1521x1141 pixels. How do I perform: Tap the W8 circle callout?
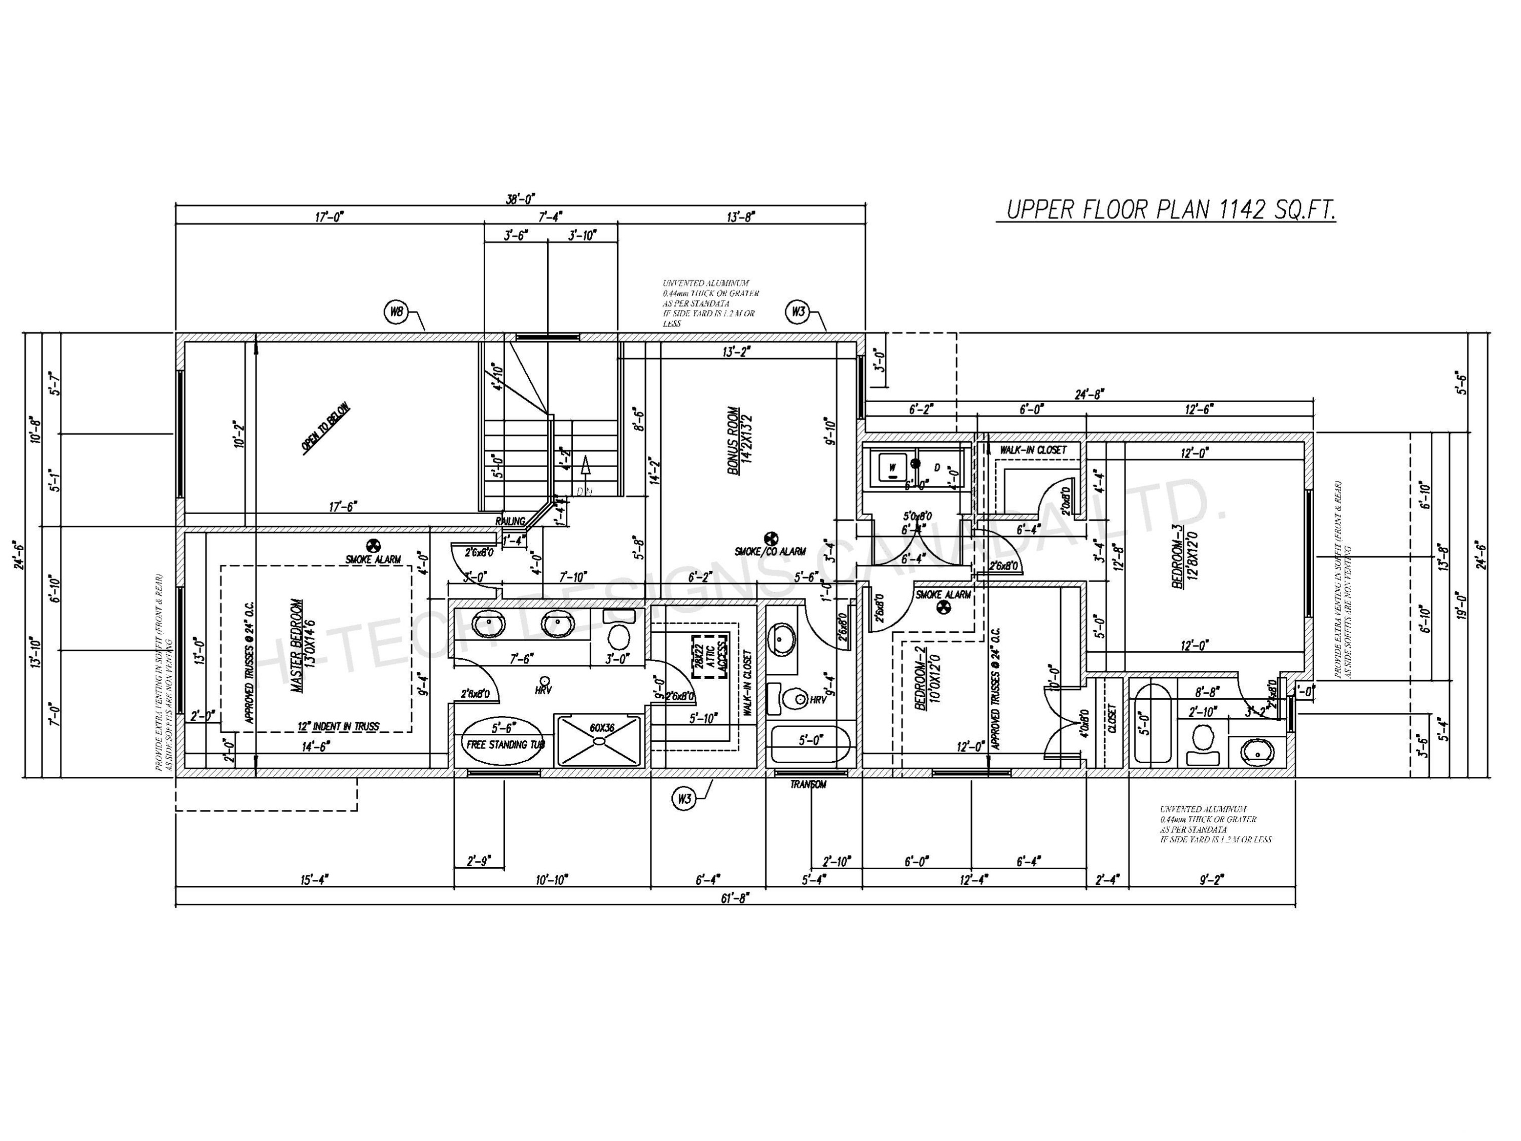396,313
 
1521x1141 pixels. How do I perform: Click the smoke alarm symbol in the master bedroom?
373,545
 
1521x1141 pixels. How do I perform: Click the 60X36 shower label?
602,727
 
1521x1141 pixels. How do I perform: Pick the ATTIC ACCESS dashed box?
710,656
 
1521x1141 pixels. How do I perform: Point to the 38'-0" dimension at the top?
521,199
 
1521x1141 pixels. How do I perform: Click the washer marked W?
892,468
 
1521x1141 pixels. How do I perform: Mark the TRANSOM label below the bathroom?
808,785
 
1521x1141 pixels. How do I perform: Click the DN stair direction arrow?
585,468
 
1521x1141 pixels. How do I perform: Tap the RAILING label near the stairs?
510,521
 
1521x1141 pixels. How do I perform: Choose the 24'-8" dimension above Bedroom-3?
1089,395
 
